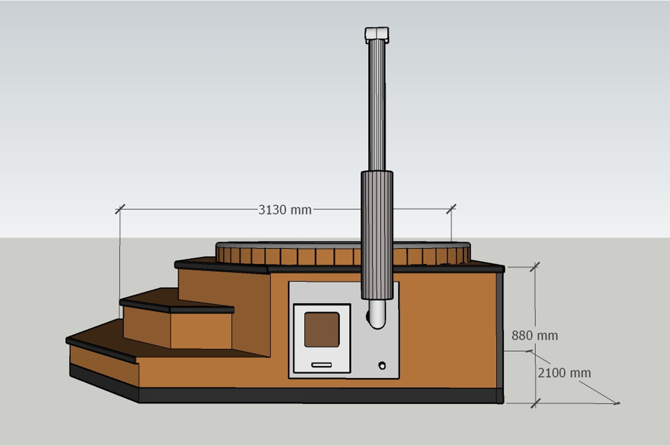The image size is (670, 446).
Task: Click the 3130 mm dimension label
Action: pyautogui.click(x=285, y=210)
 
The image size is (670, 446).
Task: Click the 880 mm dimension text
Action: pyautogui.click(x=535, y=336)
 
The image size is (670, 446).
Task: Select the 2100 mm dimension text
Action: pyautogui.click(x=564, y=373)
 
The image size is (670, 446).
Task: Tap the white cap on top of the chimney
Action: pyautogui.click(x=377, y=34)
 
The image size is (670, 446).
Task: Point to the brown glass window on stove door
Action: pyautogui.click(x=322, y=330)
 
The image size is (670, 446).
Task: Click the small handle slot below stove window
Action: pyautogui.click(x=321, y=365)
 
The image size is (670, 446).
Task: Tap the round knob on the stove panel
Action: pyautogui.click(x=382, y=366)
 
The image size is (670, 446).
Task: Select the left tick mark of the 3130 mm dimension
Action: pyautogui.click(x=120, y=209)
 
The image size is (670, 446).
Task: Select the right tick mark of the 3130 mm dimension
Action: pyautogui.click(x=451, y=209)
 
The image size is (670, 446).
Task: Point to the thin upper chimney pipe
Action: pyautogui.click(x=377, y=105)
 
